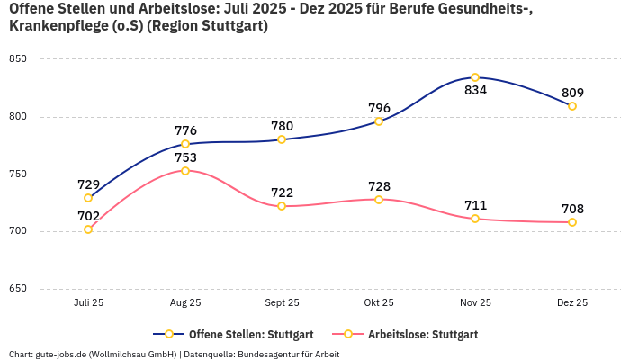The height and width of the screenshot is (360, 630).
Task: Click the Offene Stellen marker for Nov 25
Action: (x=475, y=77)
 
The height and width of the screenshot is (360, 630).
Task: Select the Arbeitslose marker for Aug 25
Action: (x=185, y=171)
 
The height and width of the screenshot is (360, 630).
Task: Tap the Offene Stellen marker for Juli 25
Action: (x=88, y=198)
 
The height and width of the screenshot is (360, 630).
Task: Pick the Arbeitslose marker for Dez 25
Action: (x=572, y=222)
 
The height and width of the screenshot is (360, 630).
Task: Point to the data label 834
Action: (x=475, y=91)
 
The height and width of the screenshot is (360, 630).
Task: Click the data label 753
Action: (x=185, y=157)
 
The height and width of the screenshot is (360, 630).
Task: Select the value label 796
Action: (x=379, y=108)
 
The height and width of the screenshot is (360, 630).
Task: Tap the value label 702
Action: (x=88, y=216)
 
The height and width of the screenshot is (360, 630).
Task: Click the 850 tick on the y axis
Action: (x=18, y=59)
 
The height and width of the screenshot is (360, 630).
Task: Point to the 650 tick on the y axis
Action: (x=18, y=289)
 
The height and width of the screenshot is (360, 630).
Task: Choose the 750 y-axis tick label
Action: (x=18, y=175)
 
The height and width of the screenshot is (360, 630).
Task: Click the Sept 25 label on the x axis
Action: (x=282, y=303)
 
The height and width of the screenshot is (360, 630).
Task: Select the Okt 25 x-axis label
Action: (x=379, y=303)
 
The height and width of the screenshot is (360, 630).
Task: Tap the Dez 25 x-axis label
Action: (x=572, y=303)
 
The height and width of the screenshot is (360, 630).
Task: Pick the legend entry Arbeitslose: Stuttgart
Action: (x=422, y=335)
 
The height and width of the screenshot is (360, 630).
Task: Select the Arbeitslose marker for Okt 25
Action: (x=379, y=200)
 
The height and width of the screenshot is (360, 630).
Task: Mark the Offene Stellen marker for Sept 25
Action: (x=282, y=139)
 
